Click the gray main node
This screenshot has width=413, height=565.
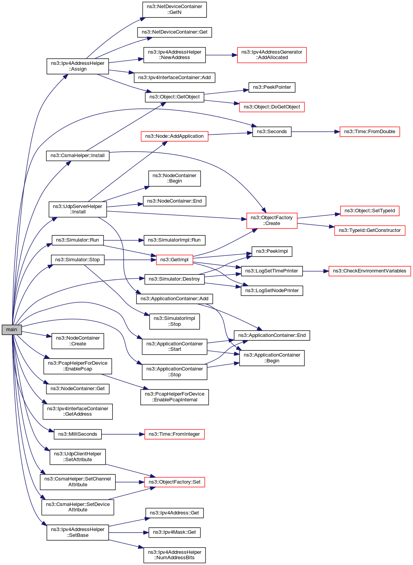[12, 330]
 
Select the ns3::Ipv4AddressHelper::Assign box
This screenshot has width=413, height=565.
[78, 66]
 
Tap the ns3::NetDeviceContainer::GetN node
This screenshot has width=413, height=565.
[174, 10]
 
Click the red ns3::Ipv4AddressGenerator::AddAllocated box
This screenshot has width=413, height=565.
[272, 55]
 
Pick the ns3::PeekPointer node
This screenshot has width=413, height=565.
[272, 87]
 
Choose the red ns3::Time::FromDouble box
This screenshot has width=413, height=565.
[370, 132]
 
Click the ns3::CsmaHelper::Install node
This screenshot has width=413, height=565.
[78, 156]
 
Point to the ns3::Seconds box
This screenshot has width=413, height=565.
[272, 132]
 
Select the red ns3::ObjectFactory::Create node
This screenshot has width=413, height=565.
[272, 220]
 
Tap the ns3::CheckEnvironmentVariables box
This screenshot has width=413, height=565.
[369, 271]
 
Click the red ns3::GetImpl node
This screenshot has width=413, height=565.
[174, 260]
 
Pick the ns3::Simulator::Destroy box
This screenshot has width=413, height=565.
[174, 279]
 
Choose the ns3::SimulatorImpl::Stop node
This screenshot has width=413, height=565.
[174, 321]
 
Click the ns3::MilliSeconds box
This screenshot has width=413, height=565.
[78, 434]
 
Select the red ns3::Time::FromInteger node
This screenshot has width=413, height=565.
[174, 434]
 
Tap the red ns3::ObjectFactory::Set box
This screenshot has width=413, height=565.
[174, 482]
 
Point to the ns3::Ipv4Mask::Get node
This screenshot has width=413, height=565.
[174, 533]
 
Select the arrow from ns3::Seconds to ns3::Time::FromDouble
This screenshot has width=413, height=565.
[315, 132]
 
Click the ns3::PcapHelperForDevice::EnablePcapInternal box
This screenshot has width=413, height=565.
[174, 397]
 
